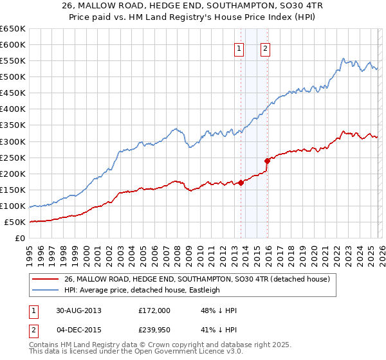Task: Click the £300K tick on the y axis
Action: click(x=12, y=141)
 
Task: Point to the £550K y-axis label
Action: click(x=12, y=61)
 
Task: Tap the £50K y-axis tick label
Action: click(x=15, y=222)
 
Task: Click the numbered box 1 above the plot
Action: click(x=239, y=48)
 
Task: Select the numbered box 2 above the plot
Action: click(x=265, y=48)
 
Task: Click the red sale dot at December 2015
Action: click(x=267, y=161)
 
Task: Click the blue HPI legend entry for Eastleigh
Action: click(x=142, y=290)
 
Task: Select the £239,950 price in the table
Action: click(x=154, y=331)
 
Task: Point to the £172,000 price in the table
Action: click(x=154, y=310)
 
